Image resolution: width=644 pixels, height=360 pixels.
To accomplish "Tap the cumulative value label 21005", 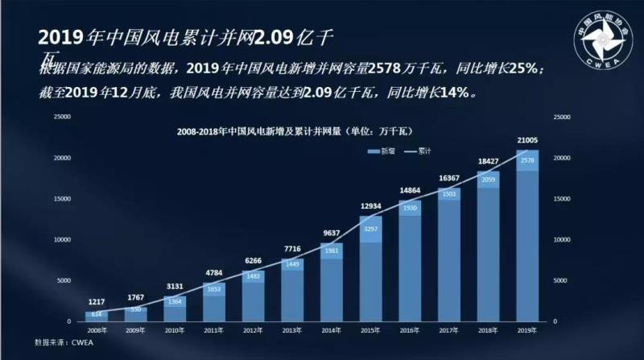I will [x=527, y=141].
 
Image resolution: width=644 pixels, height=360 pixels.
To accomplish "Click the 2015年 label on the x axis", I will [x=370, y=329].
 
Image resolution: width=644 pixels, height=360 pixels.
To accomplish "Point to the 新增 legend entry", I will [x=376, y=151].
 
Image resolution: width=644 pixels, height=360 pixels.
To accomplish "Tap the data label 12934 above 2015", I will [x=370, y=207].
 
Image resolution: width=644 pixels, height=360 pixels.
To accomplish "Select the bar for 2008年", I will [x=97, y=316].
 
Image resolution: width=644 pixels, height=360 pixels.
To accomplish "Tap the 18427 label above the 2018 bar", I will [x=489, y=162].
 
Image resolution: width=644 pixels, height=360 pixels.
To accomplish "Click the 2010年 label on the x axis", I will [x=175, y=329].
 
